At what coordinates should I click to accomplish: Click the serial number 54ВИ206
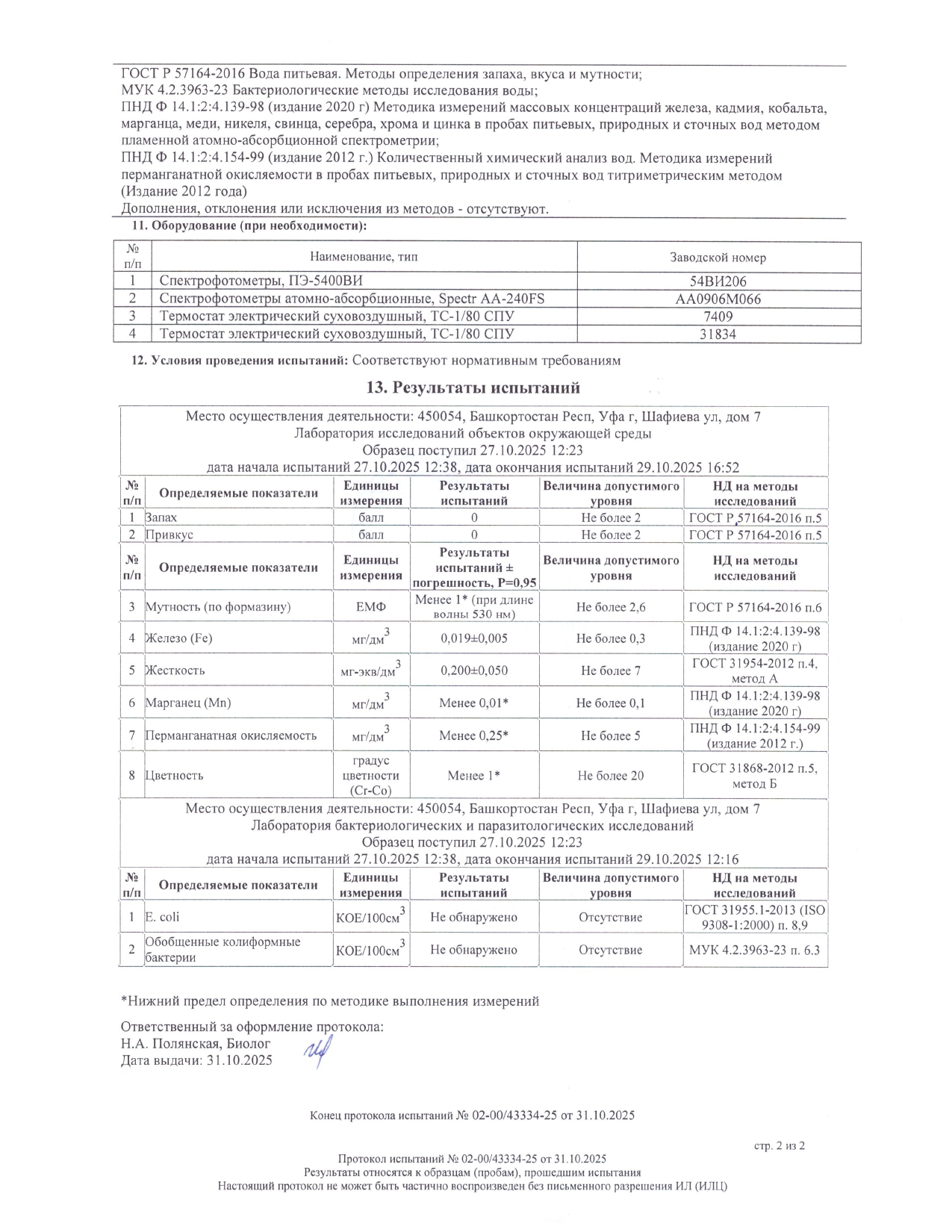(718, 281)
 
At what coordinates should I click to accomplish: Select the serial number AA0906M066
(718, 299)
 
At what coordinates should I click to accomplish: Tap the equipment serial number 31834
(718, 335)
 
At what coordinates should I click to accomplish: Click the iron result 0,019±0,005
(474, 638)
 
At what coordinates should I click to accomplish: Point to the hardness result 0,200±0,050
(474, 671)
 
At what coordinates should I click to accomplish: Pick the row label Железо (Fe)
(179, 638)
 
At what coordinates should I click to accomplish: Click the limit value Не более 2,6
(611, 607)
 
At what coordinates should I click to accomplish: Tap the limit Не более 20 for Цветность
(611, 776)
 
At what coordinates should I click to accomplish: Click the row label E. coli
(162, 917)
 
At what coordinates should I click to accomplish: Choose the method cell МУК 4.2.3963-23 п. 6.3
(755, 950)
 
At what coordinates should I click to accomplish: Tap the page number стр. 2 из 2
(780, 1145)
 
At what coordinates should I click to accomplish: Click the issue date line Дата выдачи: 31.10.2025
(196, 1060)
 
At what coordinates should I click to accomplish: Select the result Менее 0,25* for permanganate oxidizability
(474, 735)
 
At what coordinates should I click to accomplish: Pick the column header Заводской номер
(718, 258)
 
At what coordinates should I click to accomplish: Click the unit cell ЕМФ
(371, 607)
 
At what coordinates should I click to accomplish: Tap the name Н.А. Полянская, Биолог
(196, 1044)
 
